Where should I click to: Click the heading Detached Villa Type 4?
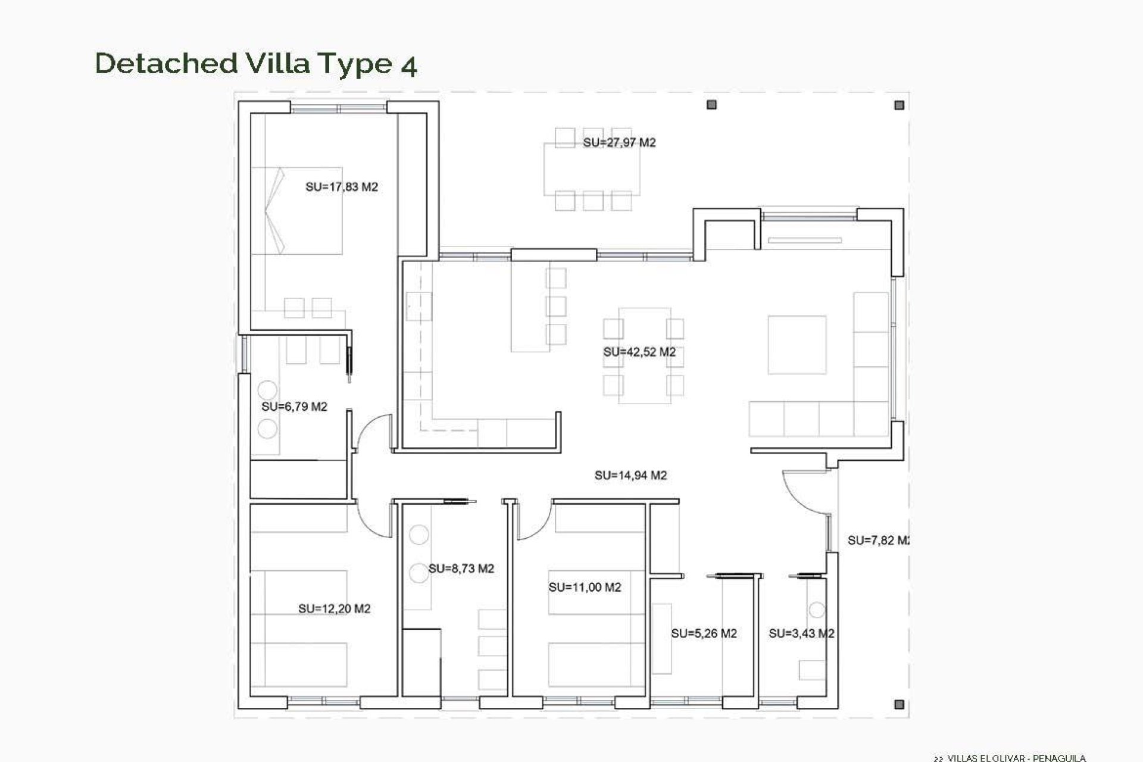(x=256, y=64)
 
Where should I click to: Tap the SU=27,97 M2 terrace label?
(x=619, y=143)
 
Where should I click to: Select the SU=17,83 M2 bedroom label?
(x=342, y=187)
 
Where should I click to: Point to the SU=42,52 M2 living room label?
(x=639, y=352)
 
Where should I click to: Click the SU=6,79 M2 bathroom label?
(x=294, y=407)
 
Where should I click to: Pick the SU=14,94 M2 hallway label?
(x=630, y=475)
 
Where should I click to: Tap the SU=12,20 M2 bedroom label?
(x=334, y=609)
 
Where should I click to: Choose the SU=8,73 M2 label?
(x=461, y=569)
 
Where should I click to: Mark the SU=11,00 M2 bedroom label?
(x=585, y=588)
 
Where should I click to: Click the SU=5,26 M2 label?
(x=704, y=633)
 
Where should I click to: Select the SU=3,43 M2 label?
(x=801, y=633)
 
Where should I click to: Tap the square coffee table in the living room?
(x=797, y=345)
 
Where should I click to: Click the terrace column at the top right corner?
(x=899, y=105)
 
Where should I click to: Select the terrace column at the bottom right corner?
(x=899, y=704)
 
